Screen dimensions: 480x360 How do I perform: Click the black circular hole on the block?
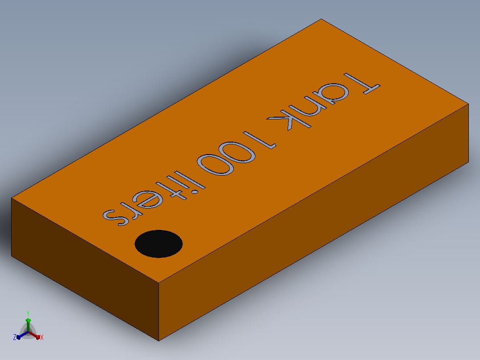pos(159,244)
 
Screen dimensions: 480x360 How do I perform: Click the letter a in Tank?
pos(334,92)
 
